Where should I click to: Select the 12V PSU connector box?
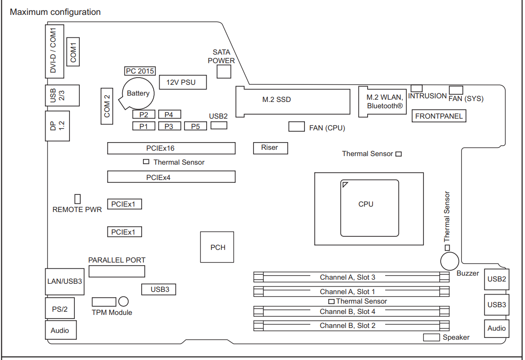click(183, 82)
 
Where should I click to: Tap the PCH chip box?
click(217, 247)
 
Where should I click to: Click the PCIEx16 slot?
click(171, 148)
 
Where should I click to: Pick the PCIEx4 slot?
click(171, 177)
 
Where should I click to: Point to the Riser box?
click(270, 148)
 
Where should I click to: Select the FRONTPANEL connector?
click(438, 116)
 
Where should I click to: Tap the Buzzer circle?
click(450, 261)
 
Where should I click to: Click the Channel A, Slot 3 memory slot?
click(351, 277)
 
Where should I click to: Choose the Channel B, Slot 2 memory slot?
click(351, 326)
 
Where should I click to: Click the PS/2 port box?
click(60, 308)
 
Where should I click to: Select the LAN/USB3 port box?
click(64, 282)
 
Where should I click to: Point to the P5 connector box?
click(196, 126)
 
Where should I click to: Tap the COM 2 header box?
click(107, 106)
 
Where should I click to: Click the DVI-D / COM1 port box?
click(55, 51)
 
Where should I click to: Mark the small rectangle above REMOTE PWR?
click(77, 199)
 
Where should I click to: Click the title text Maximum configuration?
click(55, 12)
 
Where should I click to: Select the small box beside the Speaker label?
click(431, 337)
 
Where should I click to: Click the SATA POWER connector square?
click(224, 71)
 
